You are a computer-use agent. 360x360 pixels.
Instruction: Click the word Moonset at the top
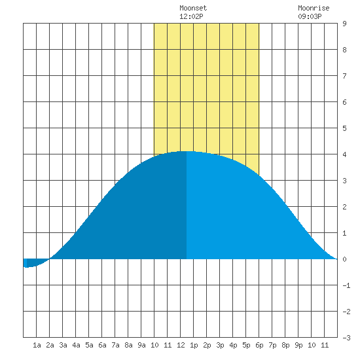tap(193, 8)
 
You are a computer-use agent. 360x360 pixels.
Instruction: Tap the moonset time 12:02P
tap(191, 16)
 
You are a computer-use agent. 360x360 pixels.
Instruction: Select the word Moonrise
tap(314, 8)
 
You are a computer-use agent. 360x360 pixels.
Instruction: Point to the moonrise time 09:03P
tap(310, 16)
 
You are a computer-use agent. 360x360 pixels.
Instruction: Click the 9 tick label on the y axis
tap(344, 24)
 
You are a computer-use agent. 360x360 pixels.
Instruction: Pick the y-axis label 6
tap(344, 102)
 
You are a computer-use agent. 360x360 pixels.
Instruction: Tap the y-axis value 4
tap(344, 154)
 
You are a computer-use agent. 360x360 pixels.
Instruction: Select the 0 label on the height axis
tap(344, 259)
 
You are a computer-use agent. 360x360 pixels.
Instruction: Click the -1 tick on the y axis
tap(346, 285)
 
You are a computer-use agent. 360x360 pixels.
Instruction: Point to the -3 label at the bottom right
tap(346, 338)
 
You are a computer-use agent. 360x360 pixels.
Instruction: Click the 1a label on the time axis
tap(37, 345)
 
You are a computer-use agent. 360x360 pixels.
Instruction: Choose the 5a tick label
tap(89, 345)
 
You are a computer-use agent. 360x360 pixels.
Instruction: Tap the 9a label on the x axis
tap(141, 345)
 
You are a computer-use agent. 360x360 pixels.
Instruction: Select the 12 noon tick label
tap(181, 345)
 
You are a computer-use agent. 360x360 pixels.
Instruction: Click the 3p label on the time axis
tap(220, 345)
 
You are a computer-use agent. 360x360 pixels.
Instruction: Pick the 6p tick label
tap(259, 345)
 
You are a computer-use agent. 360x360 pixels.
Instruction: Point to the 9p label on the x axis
tap(298, 345)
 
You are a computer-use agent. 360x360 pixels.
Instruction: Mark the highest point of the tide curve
tap(187, 151)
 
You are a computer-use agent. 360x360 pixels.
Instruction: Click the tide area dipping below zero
tap(35, 262)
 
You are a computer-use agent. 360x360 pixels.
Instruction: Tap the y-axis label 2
tap(344, 207)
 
